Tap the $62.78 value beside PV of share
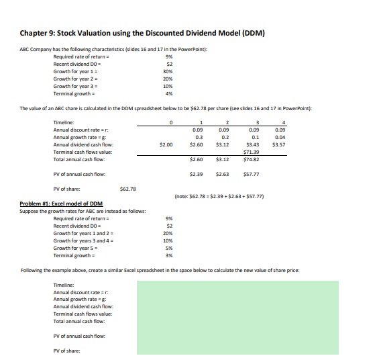127,189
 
